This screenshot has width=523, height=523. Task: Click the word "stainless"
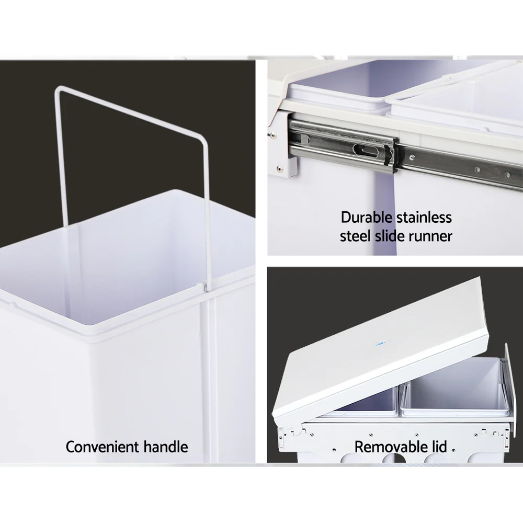tap(424, 217)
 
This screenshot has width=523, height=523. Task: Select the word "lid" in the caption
tap(438, 447)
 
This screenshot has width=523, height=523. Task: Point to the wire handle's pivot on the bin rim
tap(205, 287)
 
